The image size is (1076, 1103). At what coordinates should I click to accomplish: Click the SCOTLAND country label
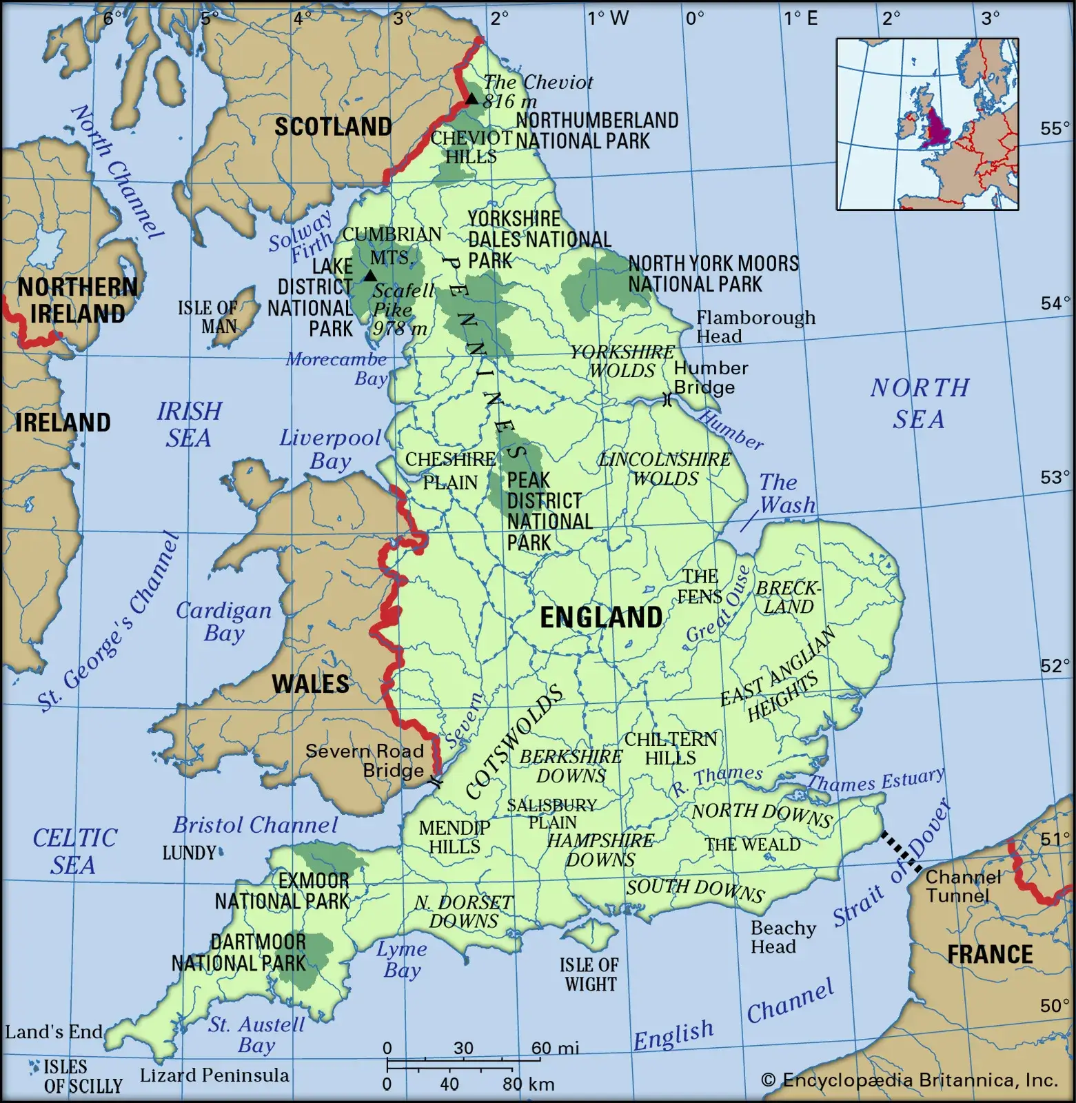pos(333,127)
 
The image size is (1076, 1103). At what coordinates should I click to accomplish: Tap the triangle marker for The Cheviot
pos(471,99)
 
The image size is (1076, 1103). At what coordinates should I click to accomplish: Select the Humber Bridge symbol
pos(667,399)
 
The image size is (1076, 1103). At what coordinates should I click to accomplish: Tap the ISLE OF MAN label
pos(209,317)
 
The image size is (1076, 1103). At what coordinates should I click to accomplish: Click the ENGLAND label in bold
pos(600,618)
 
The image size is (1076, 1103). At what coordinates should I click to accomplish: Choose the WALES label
pos(310,684)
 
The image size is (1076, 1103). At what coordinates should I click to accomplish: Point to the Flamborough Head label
pos(755,327)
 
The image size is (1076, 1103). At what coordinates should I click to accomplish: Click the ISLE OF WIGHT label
pos(589,974)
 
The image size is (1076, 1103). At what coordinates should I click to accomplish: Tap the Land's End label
pos(53,1032)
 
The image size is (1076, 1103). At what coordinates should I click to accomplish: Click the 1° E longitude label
pos(800,18)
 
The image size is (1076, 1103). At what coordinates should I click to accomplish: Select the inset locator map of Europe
pos(927,124)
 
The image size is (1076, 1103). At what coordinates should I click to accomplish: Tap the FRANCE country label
pos(990,954)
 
